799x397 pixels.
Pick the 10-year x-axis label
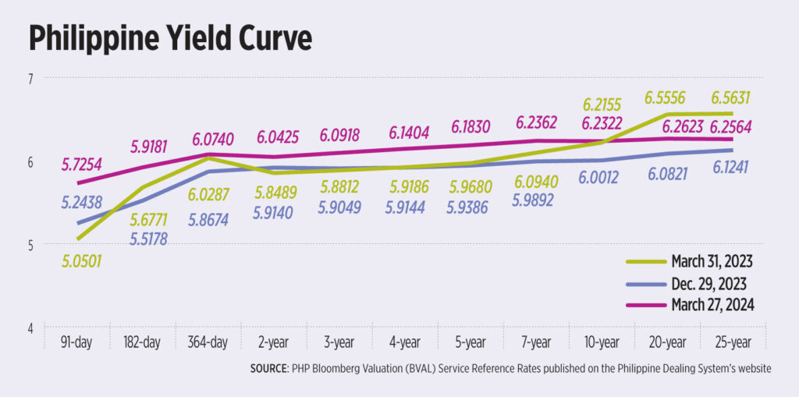[x=599, y=342]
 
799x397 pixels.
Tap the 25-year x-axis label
[x=731, y=342]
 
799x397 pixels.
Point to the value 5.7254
[x=83, y=166]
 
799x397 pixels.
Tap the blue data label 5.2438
[x=83, y=201]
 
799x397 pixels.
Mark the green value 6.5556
[x=666, y=98]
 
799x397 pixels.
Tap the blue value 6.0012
[x=600, y=178]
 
